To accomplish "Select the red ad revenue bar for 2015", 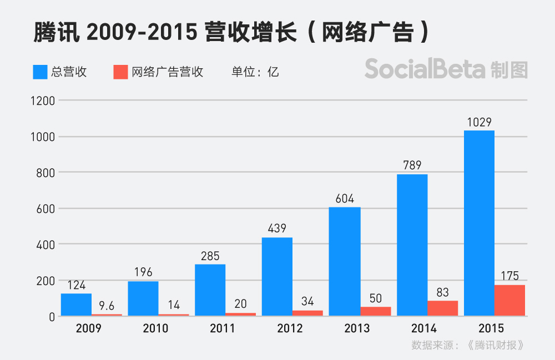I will click(x=509, y=300).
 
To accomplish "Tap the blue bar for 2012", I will click(x=277, y=277).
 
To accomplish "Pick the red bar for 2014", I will click(x=442, y=308).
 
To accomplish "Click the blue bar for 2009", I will click(x=76, y=305).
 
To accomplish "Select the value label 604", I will click(x=345, y=199).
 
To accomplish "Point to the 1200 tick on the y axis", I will click(x=43, y=101).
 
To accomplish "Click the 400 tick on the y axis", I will click(x=45, y=245).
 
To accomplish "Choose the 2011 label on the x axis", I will click(x=222, y=328).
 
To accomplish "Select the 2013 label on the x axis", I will click(x=356, y=328).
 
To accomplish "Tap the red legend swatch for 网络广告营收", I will click(x=120, y=72).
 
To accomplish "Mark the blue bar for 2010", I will click(x=143, y=298).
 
